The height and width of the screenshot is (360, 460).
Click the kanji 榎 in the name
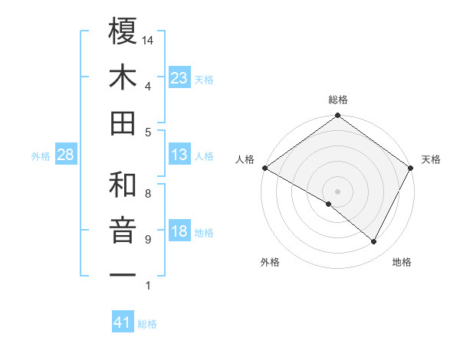coord(123,32)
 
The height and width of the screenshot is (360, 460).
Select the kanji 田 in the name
coord(123,123)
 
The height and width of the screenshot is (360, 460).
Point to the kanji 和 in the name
coord(123,185)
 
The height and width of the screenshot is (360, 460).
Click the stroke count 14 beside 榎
coord(148,40)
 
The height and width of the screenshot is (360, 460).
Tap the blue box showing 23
coord(179,78)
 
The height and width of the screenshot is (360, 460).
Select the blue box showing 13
coord(179,155)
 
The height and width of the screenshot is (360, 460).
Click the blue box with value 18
coord(179,231)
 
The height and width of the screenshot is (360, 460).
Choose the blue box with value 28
coord(65,155)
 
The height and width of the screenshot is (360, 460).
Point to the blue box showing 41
coord(123,322)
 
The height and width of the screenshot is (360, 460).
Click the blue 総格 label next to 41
coord(148,324)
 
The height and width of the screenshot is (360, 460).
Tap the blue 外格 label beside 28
coord(41,156)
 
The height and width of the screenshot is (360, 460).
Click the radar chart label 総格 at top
coord(338,100)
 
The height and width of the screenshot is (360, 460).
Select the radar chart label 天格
coord(432,159)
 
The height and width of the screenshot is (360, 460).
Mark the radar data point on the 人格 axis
coord(264,167)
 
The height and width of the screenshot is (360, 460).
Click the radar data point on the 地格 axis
coord(374,242)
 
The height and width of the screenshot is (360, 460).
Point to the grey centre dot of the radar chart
coord(337,191)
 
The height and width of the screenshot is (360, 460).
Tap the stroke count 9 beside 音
coord(147,240)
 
